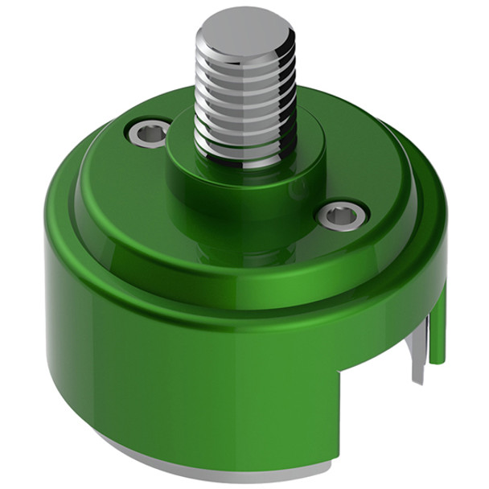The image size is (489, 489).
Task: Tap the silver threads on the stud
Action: pyautogui.click(x=244, y=105)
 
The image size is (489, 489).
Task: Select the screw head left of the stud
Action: pyautogui.click(x=150, y=133)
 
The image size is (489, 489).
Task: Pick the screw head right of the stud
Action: pyautogui.click(x=342, y=214)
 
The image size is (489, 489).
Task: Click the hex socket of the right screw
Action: pyautogui.click(x=343, y=215)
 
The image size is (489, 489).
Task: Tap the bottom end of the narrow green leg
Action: pyautogui.click(x=437, y=360)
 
